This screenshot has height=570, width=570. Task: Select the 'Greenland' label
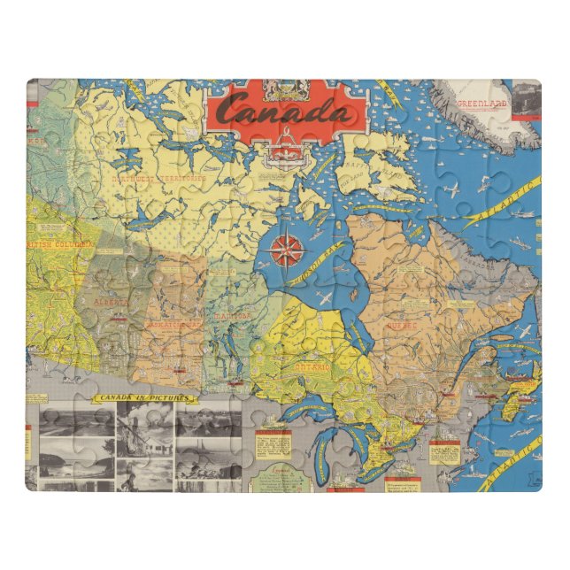tap(482, 104)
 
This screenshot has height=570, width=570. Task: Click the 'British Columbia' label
tap(63, 245)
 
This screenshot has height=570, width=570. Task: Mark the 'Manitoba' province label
tap(231, 314)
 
